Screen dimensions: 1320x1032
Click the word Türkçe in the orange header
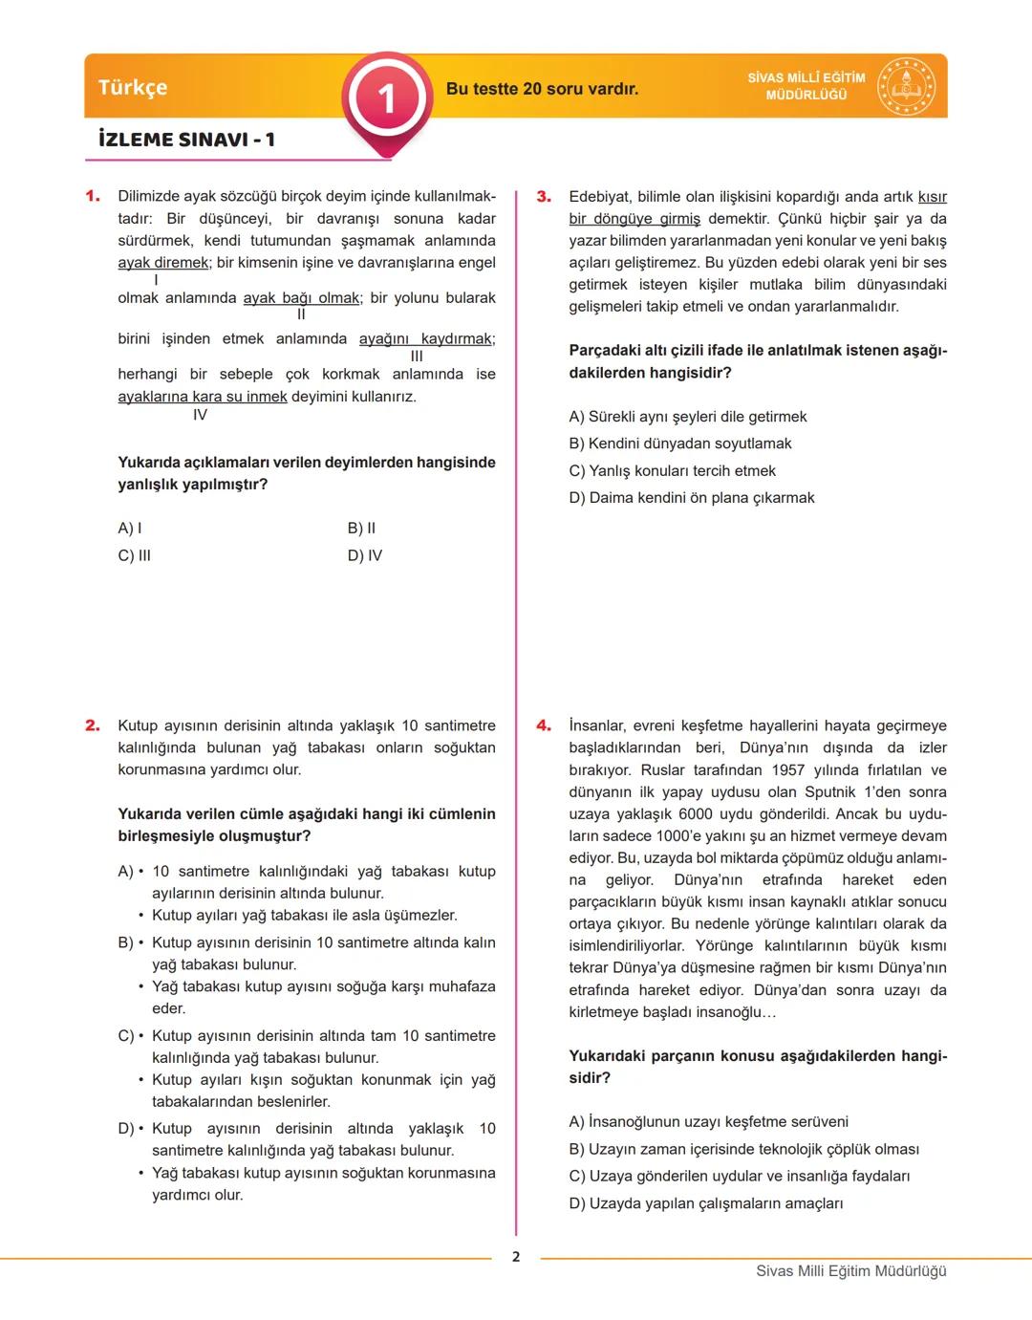tap(133, 87)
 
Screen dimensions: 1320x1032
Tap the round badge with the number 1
tap(386, 98)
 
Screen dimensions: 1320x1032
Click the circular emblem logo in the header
tap(906, 87)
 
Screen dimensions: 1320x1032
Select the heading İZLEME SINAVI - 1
tap(186, 140)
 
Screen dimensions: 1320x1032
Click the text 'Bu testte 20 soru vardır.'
tap(542, 89)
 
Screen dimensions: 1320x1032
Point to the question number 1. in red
tap(93, 196)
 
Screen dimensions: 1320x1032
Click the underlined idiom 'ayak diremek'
tap(163, 263)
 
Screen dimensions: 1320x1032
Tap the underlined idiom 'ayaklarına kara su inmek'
tap(202, 397)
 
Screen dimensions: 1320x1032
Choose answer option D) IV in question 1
tap(364, 555)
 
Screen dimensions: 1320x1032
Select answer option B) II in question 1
tap(361, 529)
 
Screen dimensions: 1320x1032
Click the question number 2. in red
tap(93, 725)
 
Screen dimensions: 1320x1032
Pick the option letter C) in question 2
tap(125, 1036)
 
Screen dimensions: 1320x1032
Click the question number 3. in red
tap(544, 196)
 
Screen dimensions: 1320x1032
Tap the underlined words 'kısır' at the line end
tap(932, 197)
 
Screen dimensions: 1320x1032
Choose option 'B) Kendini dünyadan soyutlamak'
tap(679, 444)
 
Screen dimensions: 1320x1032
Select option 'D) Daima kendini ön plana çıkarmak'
tap(691, 498)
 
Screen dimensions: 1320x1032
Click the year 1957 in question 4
tap(787, 770)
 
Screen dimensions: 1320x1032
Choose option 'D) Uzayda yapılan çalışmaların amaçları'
tap(705, 1203)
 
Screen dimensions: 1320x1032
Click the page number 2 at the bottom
tap(516, 1257)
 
